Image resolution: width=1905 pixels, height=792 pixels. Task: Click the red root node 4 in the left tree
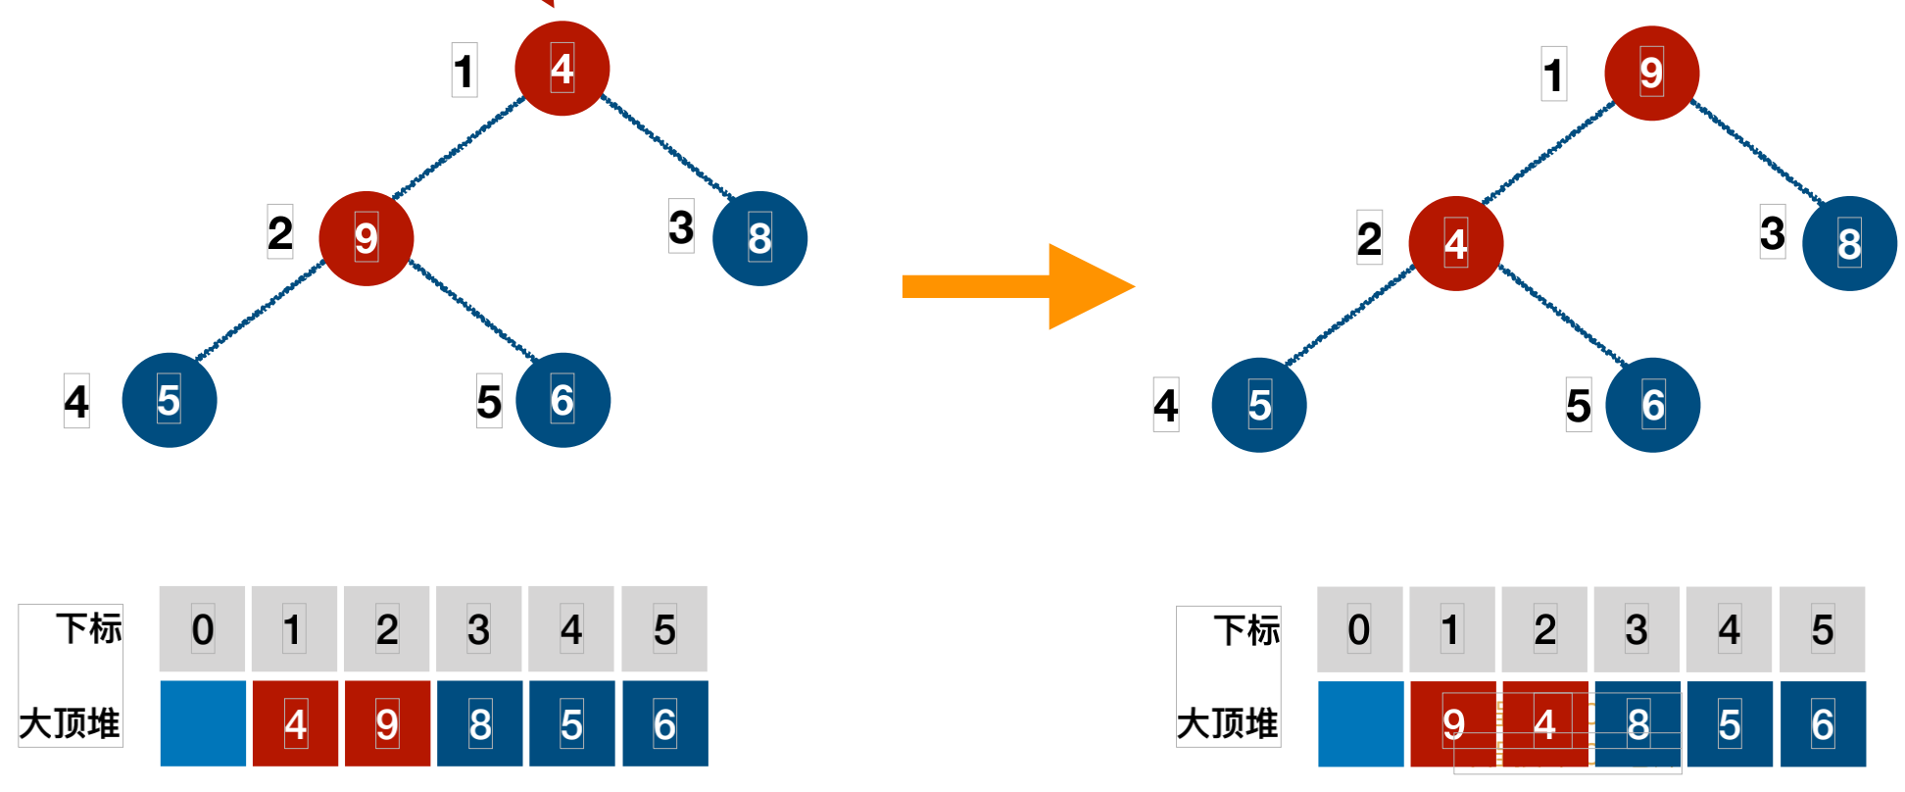click(562, 69)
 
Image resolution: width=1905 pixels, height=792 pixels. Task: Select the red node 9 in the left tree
click(366, 238)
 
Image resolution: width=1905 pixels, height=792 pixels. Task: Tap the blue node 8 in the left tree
click(759, 238)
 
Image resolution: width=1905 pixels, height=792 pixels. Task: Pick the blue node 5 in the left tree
click(169, 400)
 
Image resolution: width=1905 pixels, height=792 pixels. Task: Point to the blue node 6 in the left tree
click(562, 400)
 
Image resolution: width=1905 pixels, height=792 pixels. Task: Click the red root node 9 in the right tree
click(1651, 73)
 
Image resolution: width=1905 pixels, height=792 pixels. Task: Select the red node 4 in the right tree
click(1455, 243)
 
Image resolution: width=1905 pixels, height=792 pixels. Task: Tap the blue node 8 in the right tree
click(1849, 243)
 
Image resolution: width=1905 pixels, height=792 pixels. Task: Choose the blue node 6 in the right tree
click(1652, 405)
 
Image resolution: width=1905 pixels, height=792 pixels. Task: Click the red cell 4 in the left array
click(295, 723)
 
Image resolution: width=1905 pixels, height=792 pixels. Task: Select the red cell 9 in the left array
click(387, 723)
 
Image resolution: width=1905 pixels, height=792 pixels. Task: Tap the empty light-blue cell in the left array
click(203, 723)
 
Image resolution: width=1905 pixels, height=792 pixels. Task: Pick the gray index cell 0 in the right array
click(1359, 629)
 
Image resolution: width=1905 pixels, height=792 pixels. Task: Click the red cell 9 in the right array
click(1452, 723)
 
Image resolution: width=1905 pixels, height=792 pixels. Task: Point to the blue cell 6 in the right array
click(1822, 723)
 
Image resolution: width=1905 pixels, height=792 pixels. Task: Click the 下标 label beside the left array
click(88, 628)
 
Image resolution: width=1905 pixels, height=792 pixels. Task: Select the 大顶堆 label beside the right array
click(1227, 723)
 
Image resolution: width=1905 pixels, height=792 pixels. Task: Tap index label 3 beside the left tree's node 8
click(681, 227)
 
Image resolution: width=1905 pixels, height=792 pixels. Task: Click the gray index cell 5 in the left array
click(664, 629)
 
